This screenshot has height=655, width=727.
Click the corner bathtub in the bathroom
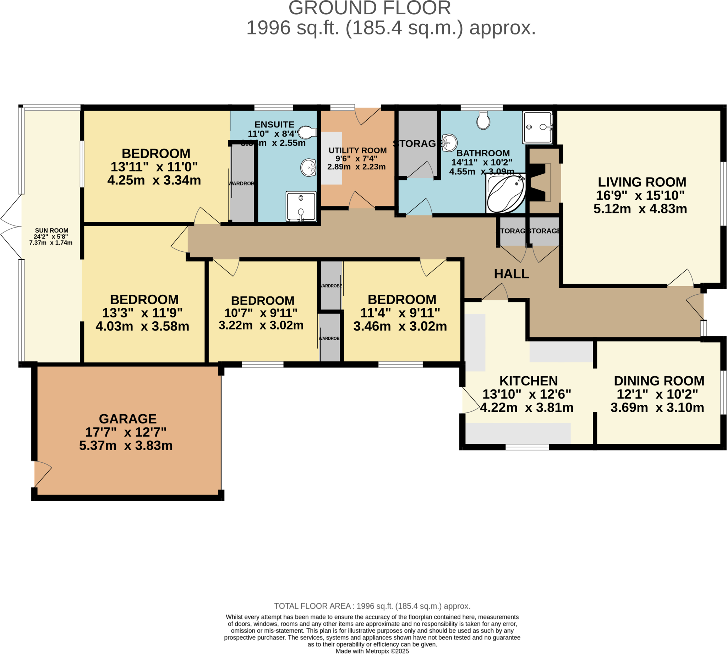[x=505, y=193]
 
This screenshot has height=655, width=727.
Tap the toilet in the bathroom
[x=483, y=120]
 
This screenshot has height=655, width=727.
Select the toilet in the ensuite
[x=307, y=132]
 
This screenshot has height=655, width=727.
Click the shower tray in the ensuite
[x=301, y=206]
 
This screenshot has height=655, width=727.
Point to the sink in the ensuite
[x=308, y=168]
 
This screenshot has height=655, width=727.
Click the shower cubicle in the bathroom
[x=537, y=127]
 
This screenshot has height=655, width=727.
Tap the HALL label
[x=511, y=274]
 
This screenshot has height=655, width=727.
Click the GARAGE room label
[x=128, y=419]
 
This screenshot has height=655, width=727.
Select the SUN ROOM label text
[x=51, y=230]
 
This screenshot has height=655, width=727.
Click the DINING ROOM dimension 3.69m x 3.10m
[x=657, y=408]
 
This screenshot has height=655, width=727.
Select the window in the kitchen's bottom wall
[x=527, y=447]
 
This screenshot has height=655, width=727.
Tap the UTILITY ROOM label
[x=357, y=151]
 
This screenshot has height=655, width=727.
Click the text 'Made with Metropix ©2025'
[x=372, y=651]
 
